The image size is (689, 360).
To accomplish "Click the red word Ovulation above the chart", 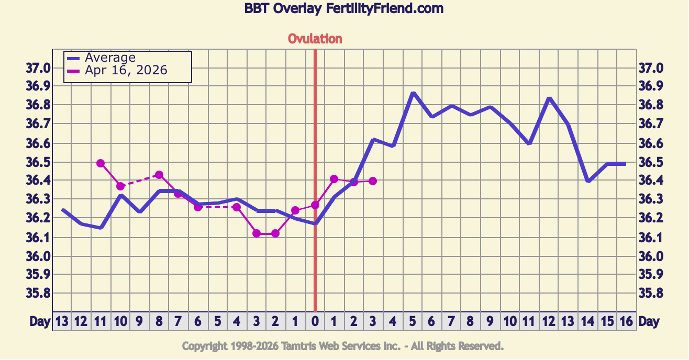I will click(315, 39).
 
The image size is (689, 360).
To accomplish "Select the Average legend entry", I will click(110, 58).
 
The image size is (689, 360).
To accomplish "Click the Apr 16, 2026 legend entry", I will click(126, 70).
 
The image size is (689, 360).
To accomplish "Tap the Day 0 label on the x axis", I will click(315, 322).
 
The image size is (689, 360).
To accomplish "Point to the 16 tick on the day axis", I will click(626, 322).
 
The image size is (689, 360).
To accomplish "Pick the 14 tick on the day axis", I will click(587, 322).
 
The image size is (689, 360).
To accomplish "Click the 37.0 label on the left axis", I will click(38, 68).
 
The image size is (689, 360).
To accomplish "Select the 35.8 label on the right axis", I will click(651, 293).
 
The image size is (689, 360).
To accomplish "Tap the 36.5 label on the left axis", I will click(38, 163).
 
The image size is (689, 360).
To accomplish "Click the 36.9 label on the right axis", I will click(651, 86).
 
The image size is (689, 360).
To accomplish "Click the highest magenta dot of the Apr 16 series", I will click(101, 163).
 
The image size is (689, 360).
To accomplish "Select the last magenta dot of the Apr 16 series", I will click(373, 181).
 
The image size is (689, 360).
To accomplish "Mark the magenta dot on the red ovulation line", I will click(315, 205).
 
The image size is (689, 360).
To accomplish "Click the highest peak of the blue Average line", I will click(413, 93).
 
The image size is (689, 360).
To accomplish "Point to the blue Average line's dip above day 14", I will click(588, 181).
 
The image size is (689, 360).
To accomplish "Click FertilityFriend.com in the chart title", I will click(385, 9).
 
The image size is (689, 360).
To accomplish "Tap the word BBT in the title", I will click(257, 9).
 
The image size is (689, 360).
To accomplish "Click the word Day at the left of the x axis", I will click(40, 322).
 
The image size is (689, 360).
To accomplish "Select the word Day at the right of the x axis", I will click(649, 322).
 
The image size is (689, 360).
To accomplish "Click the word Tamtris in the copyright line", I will click(299, 346).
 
